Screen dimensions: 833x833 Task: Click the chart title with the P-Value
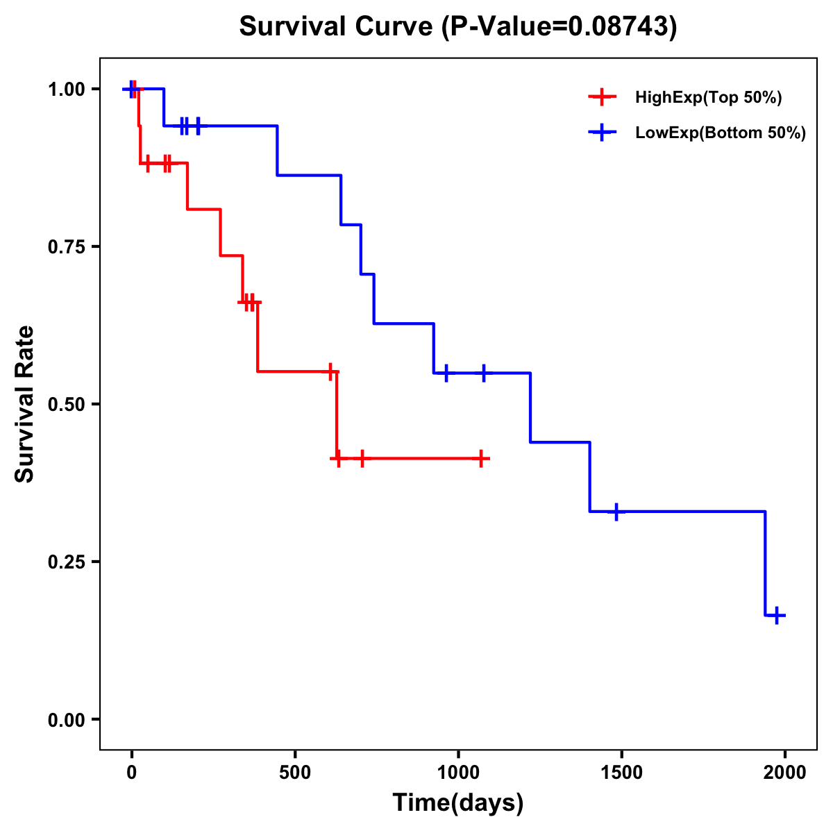pos(457,26)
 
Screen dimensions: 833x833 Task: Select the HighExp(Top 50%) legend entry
pos(708,98)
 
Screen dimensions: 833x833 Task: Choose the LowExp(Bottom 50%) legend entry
pos(720,133)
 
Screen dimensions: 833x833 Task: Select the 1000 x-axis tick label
pos(458,773)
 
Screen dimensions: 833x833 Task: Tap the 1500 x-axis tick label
pos(621,773)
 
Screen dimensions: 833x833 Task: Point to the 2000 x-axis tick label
pos(785,773)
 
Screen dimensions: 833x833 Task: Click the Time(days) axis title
pos(458,803)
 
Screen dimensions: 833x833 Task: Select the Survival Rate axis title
pos(25,404)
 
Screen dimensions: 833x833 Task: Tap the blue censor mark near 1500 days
pos(616,512)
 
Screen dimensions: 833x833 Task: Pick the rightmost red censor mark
pos(480,458)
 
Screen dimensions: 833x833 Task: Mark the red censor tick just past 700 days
pos(362,458)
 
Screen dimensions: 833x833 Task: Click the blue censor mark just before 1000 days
pos(446,373)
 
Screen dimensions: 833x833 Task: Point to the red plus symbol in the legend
pos(602,98)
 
